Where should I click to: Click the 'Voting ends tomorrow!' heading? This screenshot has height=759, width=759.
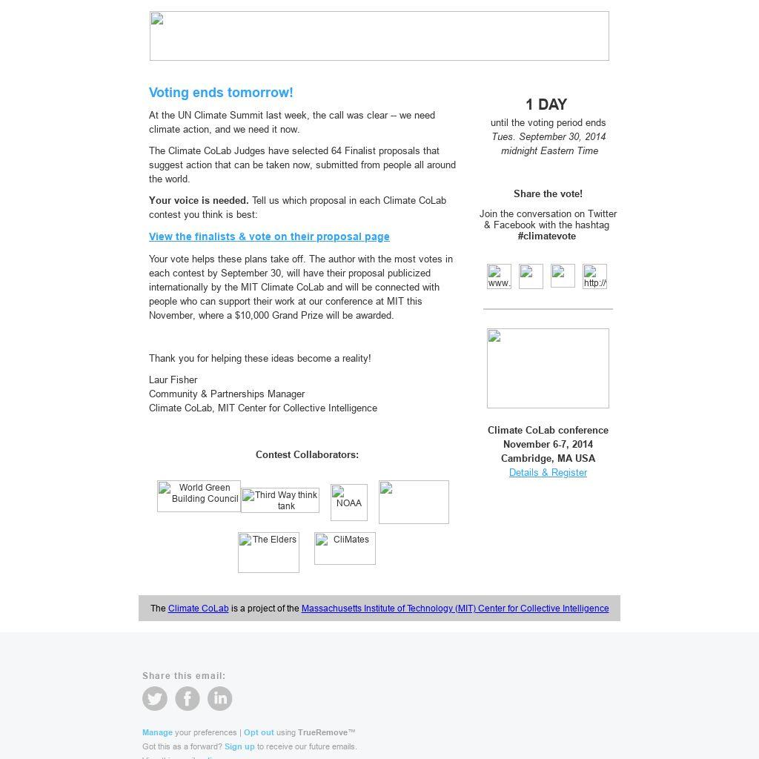pos(221,93)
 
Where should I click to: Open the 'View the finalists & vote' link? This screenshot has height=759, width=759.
pos(269,236)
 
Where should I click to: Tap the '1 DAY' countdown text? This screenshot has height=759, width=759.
pos(546,105)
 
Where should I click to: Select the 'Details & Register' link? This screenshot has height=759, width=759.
pos(548,472)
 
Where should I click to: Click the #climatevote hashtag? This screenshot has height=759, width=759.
pos(547,236)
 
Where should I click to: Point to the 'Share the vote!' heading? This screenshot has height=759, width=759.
pos(548,193)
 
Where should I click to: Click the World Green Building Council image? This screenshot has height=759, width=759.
pos(199,496)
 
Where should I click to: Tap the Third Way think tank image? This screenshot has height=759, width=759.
pos(280,500)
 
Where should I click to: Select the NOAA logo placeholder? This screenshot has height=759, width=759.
pos(349,502)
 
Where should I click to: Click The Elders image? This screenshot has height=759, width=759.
pos(268,552)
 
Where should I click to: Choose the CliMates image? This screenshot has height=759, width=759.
pos(345,548)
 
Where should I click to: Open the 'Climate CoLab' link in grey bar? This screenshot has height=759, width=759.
pos(198,609)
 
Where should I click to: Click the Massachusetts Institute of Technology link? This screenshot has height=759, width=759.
pos(455,609)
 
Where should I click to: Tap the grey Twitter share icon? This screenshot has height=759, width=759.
pos(155,698)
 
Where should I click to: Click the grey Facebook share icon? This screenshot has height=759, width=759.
pos(188,698)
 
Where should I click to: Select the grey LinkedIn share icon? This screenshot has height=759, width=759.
pos(220,698)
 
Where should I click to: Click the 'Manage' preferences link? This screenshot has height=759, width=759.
pos(157,732)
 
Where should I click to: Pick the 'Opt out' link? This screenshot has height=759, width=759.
pos(259,732)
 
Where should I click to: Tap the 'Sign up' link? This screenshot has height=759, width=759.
pos(239,746)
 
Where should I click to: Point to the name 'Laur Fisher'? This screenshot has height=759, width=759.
pos(173,379)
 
